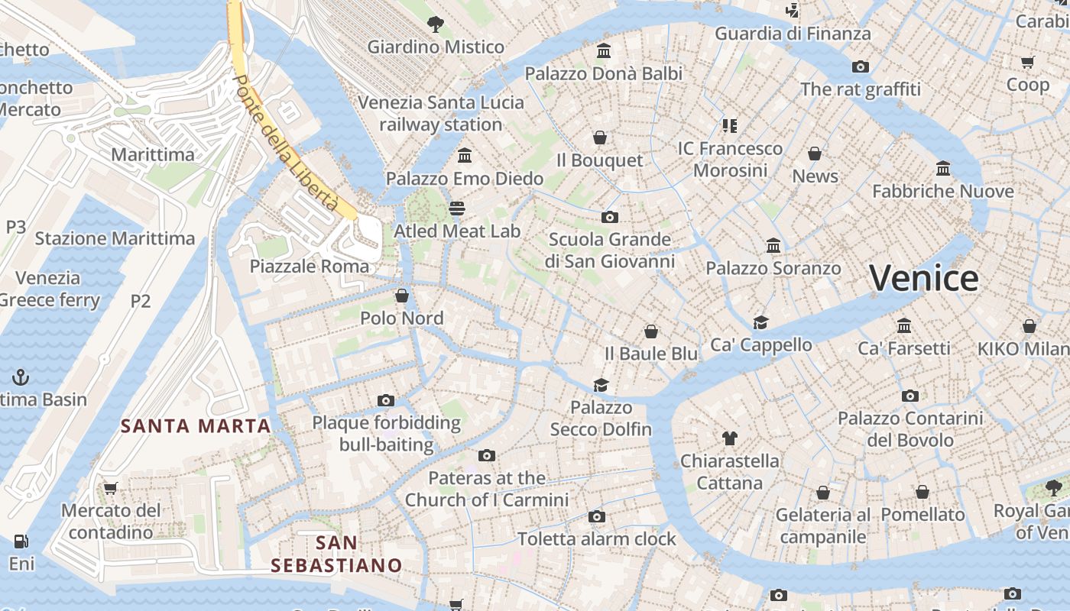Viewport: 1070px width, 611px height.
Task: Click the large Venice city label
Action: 923,278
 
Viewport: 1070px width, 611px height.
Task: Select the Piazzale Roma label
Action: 310,267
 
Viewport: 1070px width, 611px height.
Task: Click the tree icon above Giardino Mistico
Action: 436,24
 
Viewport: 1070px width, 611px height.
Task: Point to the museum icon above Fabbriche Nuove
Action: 943,168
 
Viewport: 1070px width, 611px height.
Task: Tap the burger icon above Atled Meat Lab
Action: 457,209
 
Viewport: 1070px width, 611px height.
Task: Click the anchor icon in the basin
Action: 21,377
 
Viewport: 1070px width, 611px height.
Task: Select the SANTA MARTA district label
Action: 196,426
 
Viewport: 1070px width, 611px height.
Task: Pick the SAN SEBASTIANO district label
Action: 336,554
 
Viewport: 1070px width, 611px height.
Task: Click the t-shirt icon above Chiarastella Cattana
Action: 729,438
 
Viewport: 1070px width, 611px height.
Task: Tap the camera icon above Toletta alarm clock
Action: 597,517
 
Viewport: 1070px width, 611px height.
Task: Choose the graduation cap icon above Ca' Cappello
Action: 760,322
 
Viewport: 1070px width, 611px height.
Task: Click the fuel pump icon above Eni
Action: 21,541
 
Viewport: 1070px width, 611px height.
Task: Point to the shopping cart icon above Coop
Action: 1028,62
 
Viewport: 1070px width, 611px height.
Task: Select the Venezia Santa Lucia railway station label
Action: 441,113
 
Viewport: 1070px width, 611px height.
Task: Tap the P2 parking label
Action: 141,301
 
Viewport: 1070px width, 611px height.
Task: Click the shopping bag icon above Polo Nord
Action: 402,296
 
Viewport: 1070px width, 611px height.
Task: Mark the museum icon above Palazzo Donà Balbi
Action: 604,51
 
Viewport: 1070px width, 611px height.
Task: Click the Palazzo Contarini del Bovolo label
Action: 910,429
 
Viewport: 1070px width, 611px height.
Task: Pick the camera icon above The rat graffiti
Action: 861,67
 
